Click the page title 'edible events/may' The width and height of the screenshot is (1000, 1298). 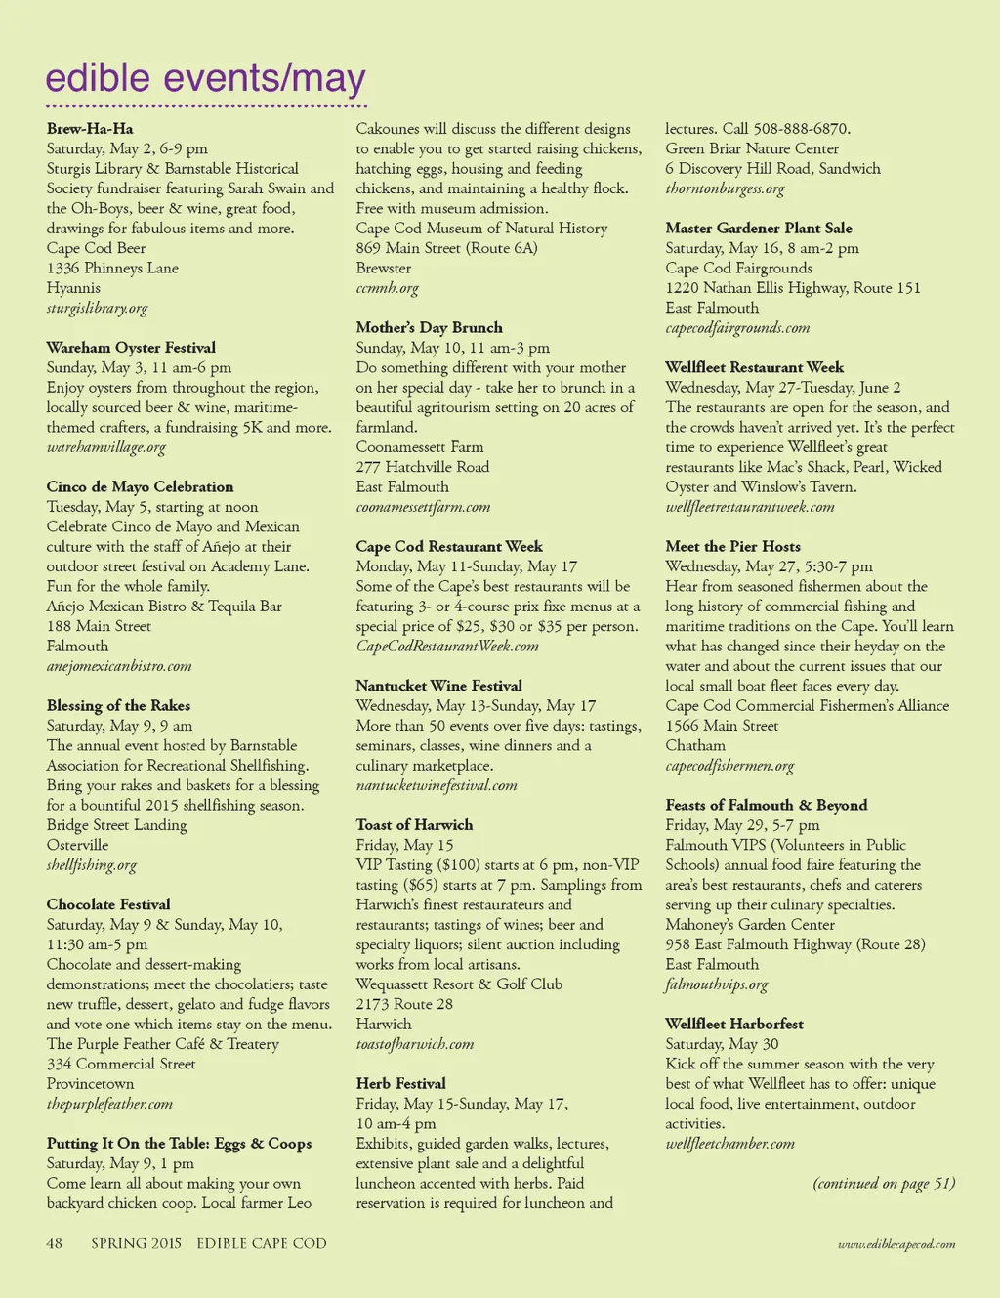[206, 78]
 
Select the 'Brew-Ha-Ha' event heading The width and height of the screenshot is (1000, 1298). [90, 129]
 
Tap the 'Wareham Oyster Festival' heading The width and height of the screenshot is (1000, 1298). [131, 348]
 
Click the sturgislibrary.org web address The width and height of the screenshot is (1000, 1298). [97, 308]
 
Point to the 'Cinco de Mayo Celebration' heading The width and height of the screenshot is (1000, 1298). [140, 486]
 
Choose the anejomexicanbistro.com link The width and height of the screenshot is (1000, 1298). [119, 666]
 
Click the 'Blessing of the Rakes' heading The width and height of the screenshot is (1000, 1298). [118, 705]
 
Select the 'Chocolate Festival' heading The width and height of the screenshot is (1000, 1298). [108, 904]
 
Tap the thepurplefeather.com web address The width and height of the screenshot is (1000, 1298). [109, 1104]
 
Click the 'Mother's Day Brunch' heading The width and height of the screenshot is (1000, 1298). [429, 327]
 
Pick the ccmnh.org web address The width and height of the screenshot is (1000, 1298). [387, 288]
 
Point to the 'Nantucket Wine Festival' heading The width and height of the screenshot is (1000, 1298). [438, 686]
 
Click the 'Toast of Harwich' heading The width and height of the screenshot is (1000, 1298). [414, 825]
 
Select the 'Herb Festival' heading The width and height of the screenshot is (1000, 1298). [400, 1083]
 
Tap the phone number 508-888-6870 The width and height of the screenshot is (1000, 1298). [801, 129]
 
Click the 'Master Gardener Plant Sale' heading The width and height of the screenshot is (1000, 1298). [758, 228]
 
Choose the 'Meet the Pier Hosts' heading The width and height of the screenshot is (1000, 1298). [732, 546]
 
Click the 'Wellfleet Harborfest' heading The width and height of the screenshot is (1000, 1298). [733, 1024]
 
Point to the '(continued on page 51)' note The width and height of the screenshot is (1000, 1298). [883, 1184]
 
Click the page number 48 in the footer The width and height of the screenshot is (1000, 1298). [55, 1243]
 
